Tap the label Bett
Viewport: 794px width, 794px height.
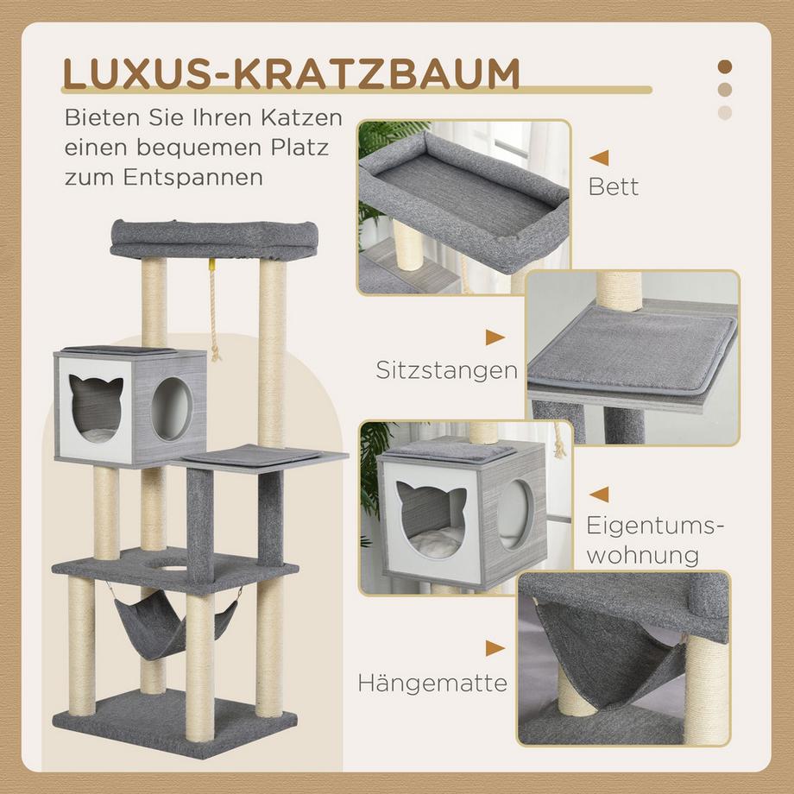(x=614, y=186)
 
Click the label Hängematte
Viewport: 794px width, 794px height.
(x=432, y=684)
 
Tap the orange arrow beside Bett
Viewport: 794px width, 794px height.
(x=599, y=158)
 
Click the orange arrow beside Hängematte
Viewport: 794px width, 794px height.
(x=495, y=648)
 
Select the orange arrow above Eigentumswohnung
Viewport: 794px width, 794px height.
(x=598, y=494)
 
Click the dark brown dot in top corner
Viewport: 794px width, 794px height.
(x=725, y=67)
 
